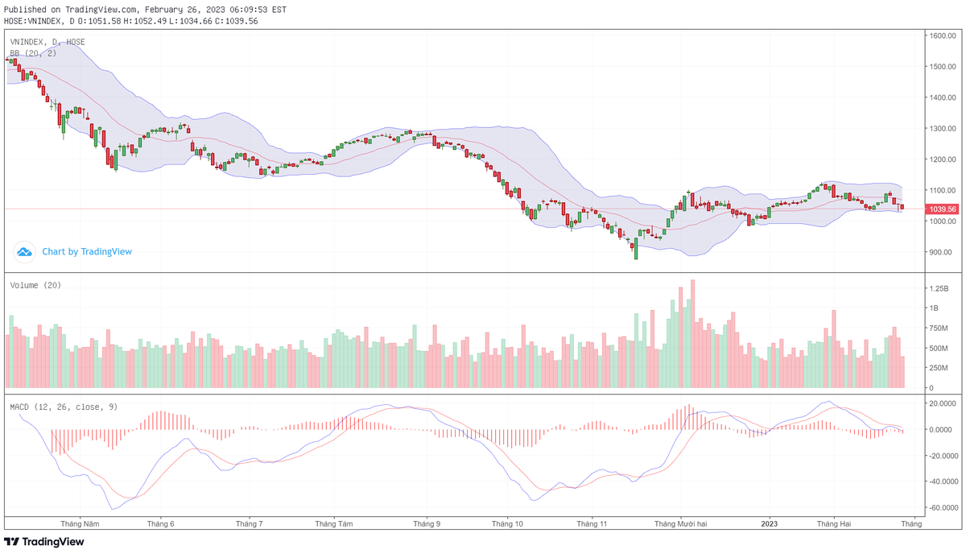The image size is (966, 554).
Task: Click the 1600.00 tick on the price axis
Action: point(941,35)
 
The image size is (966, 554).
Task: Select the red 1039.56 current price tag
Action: point(942,209)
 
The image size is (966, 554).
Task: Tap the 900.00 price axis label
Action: point(940,252)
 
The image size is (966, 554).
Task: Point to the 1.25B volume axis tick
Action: point(939,287)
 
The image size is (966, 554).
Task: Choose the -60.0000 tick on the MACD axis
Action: point(942,508)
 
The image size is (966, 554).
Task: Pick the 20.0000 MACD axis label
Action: point(942,403)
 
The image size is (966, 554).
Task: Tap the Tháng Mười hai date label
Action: point(680,523)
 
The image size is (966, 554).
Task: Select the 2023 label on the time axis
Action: point(770,523)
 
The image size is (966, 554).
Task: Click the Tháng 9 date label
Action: point(427,523)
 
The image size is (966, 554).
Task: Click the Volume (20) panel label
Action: point(35,285)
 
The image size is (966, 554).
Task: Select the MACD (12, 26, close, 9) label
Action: point(64,407)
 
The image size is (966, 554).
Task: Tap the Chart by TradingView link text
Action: point(87,252)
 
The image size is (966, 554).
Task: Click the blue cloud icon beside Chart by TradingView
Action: point(24,252)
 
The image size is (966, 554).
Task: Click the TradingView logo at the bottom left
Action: point(44,542)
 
